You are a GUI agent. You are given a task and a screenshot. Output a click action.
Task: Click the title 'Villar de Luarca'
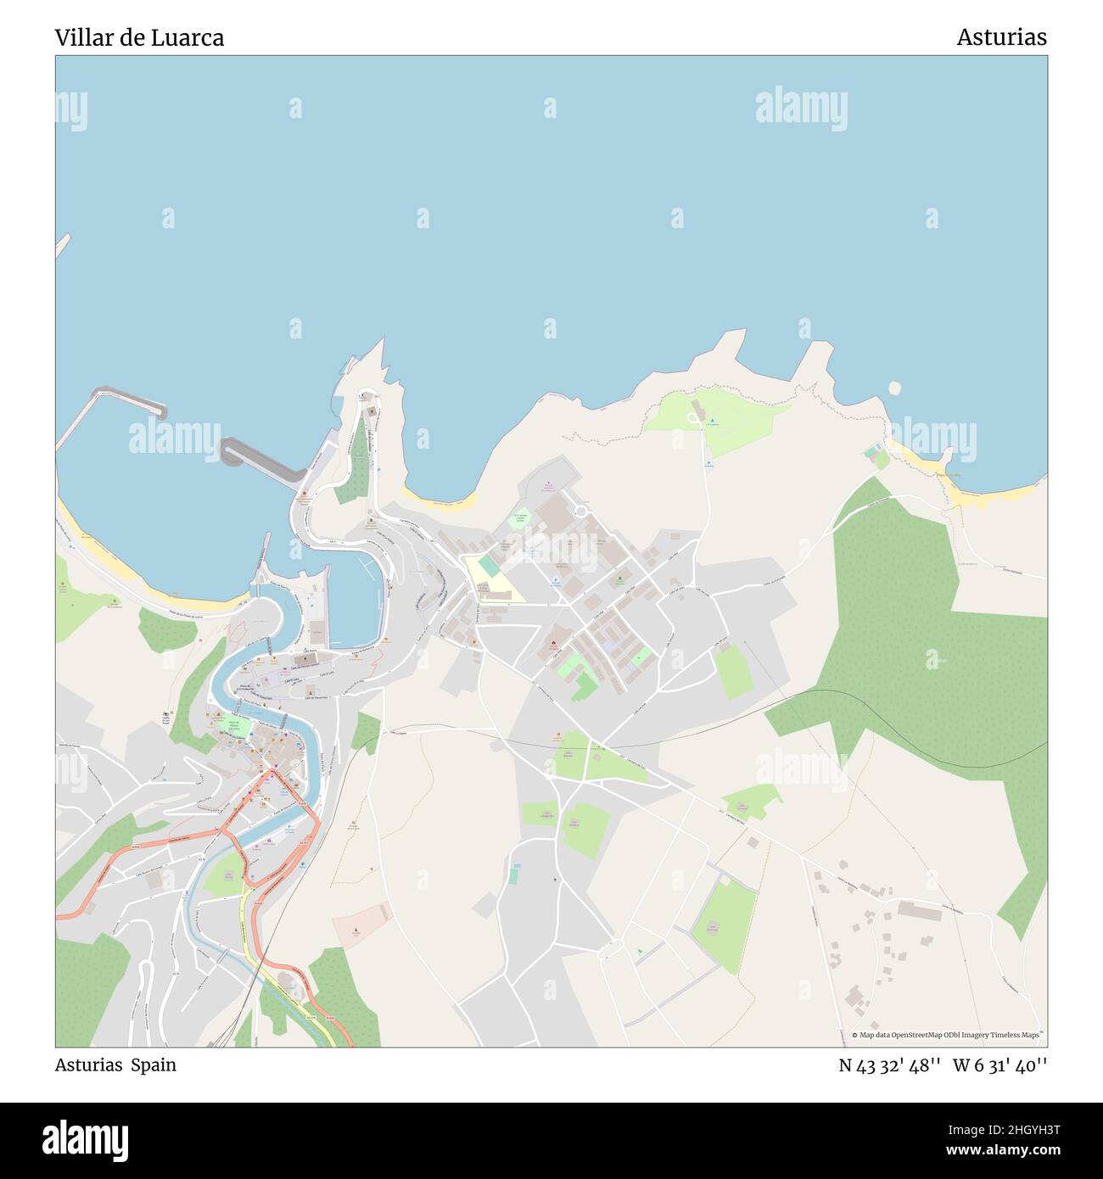click(x=139, y=37)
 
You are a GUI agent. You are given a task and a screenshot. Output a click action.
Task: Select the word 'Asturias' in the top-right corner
click(x=1001, y=37)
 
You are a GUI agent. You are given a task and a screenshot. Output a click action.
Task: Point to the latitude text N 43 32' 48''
click(x=889, y=1064)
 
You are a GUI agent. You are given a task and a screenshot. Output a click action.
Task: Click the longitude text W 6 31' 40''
click(x=999, y=1064)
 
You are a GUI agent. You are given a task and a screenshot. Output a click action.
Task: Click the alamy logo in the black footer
click(x=85, y=1138)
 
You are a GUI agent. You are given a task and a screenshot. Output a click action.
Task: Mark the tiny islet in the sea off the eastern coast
click(x=894, y=388)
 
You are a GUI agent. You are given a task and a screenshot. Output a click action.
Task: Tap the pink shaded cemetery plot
click(x=360, y=926)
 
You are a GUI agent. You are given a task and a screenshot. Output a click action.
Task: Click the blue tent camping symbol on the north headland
click(x=712, y=422)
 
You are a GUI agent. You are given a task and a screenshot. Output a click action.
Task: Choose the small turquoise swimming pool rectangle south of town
click(x=513, y=874)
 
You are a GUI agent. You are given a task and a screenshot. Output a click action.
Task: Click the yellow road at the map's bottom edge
click(x=288, y=992)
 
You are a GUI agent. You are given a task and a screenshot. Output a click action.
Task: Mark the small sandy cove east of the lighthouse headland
click(x=441, y=502)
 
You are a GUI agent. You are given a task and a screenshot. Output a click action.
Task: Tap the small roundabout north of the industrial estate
click(x=582, y=511)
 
